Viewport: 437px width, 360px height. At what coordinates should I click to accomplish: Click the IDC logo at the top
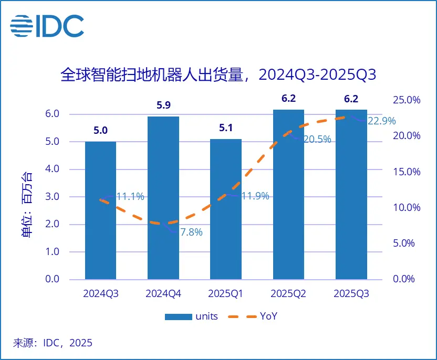[x=47, y=26]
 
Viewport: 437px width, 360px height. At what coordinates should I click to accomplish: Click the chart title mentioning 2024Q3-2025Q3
[x=218, y=75]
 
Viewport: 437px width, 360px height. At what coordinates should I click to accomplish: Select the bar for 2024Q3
[x=100, y=210]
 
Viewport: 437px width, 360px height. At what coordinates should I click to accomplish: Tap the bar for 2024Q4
[x=163, y=197]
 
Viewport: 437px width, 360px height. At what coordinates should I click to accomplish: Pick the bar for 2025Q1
[x=226, y=209]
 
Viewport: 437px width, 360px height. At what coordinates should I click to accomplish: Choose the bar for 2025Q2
[x=288, y=194]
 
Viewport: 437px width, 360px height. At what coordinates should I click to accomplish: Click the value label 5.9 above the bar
[x=163, y=105]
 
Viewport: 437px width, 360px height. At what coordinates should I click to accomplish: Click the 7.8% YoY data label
[x=191, y=232]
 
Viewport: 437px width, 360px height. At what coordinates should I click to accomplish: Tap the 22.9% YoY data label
[x=381, y=121]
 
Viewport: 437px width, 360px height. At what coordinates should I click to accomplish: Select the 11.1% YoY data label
[x=130, y=197]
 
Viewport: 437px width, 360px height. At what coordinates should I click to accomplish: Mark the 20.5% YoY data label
[x=317, y=140]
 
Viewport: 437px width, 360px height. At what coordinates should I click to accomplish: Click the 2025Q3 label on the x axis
[x=351, y=294]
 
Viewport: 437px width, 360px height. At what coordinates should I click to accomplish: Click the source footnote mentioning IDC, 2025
[x=53, y=343]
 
